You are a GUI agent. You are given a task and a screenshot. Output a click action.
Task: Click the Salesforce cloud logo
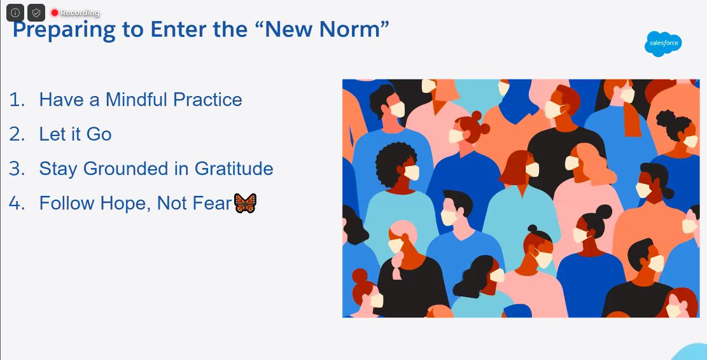[662, 43]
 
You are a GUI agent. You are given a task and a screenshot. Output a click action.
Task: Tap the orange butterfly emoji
[245, 204]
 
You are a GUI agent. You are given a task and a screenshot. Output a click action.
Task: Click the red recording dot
[55, 13]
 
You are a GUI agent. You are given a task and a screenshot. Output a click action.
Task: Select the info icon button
[15, 13]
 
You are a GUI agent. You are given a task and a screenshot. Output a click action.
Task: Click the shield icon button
[36, 13]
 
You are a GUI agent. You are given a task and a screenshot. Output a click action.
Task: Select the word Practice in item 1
[209, 99]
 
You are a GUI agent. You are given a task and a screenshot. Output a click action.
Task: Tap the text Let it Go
[75, 134]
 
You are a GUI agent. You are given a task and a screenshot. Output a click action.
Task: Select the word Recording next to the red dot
[80, 13]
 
